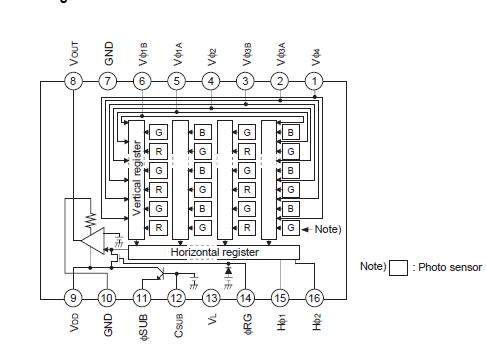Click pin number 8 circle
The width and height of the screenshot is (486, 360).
tap(73, 81)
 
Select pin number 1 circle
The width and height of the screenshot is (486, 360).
tap(315, 81)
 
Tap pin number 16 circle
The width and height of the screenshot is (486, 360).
tap(315, 297)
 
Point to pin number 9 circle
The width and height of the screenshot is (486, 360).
tap(73, 297)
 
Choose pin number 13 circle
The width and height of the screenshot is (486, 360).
tap(211, 297)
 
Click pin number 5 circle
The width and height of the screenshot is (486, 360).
tap(177, 81)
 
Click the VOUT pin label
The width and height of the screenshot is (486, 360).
tap(73, 48)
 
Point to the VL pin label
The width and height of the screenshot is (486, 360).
tap(211, 326)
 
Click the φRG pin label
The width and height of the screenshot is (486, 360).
tap(246, 329)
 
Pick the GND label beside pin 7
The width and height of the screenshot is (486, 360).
tap(108, 51)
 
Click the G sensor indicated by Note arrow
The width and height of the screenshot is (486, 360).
tap(290, 228)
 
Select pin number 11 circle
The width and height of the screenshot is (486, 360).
tap(142, 297)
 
